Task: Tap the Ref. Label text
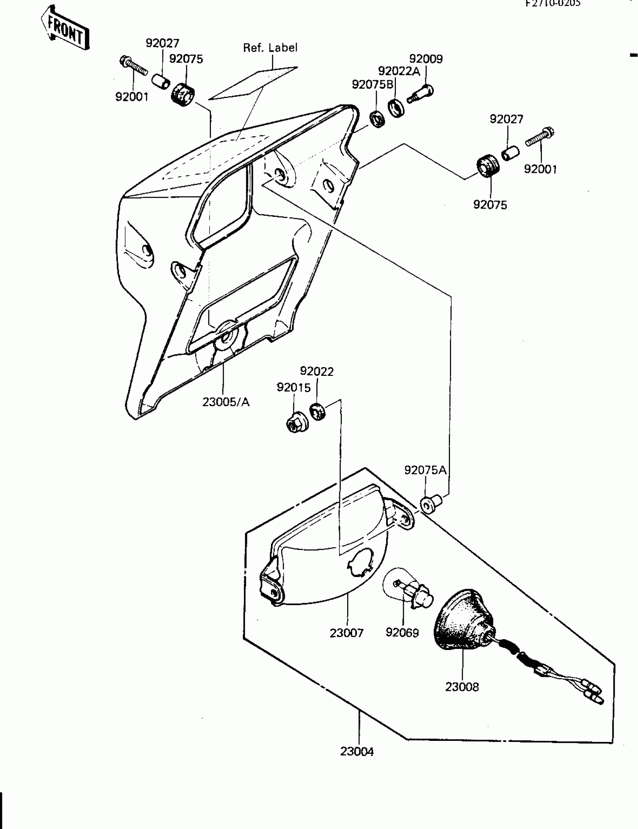pos(270,48)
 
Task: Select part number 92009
pos(426,59)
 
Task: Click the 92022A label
pos(399,71)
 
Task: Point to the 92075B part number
pos(373,84)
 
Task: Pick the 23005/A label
pos(226,402)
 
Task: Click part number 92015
pos(293,387)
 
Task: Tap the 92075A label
pos(425,470)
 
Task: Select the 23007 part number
pos(346,633)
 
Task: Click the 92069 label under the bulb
pos(402,633)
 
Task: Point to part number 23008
pos(462,687)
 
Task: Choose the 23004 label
pos(357,752)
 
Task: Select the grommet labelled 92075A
pos(431,503)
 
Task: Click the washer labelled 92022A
pos(396,108)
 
